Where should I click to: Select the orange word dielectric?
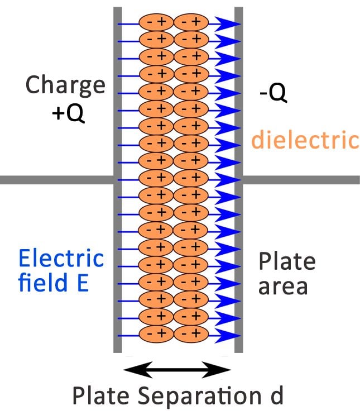pos(305,140)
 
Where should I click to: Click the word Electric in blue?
pos(61,259)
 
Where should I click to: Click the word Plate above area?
pos(287,261)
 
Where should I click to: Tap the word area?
pos(283,287)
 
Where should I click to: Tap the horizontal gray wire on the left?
pos(56,180)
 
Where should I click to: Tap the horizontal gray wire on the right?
pos(301,180)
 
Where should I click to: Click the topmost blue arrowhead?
pos(227,23)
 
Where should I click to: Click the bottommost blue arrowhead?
pos(227,335)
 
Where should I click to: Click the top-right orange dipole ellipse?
pos(191,22)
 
